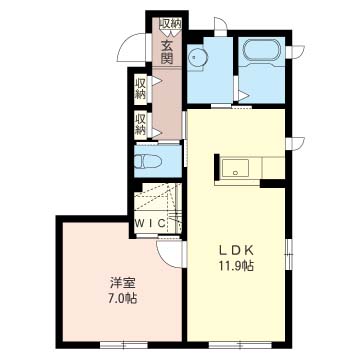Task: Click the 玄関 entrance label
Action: [167, 52]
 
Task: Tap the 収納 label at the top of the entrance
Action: [170, 23]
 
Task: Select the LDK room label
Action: [236, 250]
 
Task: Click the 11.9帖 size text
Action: [236, 266]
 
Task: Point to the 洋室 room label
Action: [123, 283]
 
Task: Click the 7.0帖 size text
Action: [123, 298]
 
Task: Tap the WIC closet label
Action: [150, 223]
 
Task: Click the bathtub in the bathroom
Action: [261, 50]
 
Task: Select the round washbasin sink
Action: [197, 58]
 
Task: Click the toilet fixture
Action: [147, 162]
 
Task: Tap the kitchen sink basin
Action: [236, 168]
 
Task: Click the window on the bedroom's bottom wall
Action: [124, 344]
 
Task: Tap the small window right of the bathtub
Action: [295, 51]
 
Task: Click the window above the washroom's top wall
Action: [220, 26]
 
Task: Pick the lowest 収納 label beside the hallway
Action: [141, 124]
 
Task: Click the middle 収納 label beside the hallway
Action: [141, 88]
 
